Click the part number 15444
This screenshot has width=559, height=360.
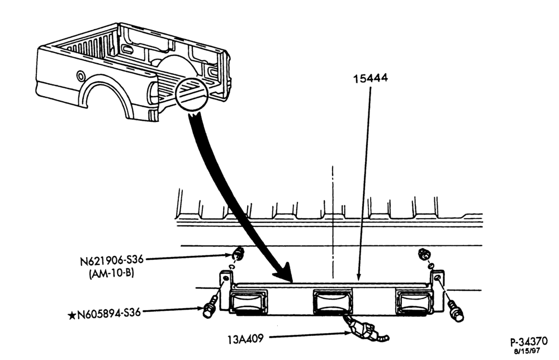(x=371, y=78)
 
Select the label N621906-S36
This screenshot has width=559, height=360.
(x=112, y=260)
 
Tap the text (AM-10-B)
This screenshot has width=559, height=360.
(x=111, y=273)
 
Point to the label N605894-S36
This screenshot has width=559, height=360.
(x=109, y=314)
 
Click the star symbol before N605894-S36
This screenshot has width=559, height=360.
(x=72, y=315)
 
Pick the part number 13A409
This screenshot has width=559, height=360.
(x=245, y=339)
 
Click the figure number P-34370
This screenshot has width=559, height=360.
(x=529, y=342)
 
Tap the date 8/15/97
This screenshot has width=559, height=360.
(x=527, y=351)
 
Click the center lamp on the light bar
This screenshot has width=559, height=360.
(x=332, y=301)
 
